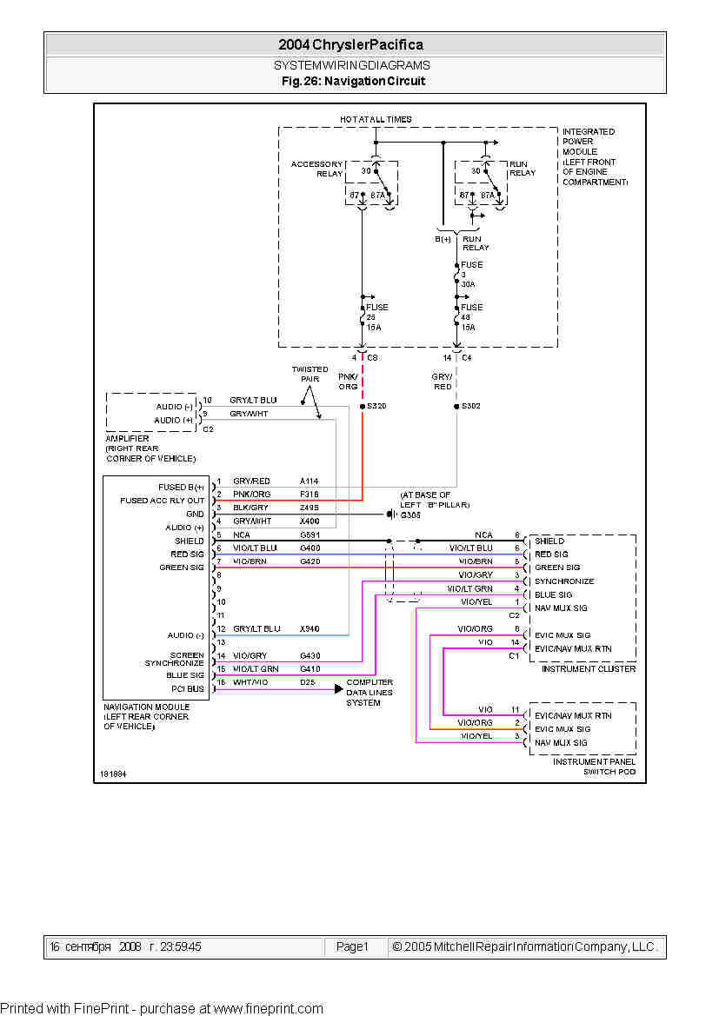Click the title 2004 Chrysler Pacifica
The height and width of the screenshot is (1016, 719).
click(350, 45)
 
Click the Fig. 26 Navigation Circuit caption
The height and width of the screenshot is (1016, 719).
click(353, 81)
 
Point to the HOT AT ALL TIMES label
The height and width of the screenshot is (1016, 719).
click(376, 119)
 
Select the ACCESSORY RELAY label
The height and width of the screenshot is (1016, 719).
click(316, 169)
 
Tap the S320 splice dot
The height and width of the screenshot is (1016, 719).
click(362, 406)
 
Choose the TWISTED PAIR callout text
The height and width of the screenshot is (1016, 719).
click(310, 374)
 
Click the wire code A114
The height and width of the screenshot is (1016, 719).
click(310, 481)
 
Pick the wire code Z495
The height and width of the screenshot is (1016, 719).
click(310, 508)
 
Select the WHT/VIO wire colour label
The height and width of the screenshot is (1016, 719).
click(250, 683)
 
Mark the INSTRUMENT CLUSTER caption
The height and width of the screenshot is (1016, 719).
click(589, 669)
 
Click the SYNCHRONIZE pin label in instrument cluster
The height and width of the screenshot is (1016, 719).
click(564, 581)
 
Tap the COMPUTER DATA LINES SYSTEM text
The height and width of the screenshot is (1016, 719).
click(369, 693)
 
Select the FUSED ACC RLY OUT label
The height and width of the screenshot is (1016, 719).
click(163, 501)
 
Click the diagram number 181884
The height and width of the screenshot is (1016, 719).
click(113, 773)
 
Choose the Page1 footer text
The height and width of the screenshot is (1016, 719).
click(352, 946)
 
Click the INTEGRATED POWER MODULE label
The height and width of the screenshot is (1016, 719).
click(594, 156)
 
